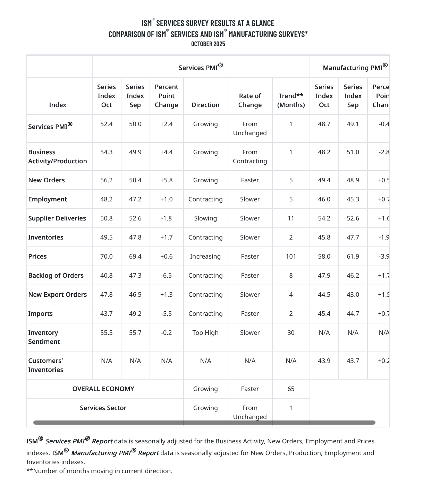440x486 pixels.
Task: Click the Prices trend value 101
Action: pos(291,257)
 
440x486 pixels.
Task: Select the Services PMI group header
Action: pos(201,67)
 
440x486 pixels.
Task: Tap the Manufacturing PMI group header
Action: pos(355,67)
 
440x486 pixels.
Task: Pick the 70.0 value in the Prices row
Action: pos(107,257)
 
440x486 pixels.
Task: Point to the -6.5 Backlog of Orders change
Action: pos(167,276)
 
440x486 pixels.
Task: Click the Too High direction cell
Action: pos(205,333)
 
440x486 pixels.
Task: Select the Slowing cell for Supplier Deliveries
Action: pos(205,218)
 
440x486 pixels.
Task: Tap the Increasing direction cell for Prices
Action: pos(205,257)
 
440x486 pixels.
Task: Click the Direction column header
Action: pos(205,105)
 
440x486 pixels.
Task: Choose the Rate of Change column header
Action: pos(250,101)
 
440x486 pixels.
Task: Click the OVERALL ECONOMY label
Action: pos(103,389)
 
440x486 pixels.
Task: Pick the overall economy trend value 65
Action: pos(291,389)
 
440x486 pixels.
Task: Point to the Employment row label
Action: pos(48,199)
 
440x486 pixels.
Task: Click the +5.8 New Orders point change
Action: pos(167,180)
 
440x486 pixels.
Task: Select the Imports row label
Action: pos(41,314)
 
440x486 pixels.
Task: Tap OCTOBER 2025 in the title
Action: pos(208,44)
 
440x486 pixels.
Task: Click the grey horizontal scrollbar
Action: pos(204,423)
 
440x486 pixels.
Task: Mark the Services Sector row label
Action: pos(103,408)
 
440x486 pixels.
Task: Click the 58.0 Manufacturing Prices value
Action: pos(324,257)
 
